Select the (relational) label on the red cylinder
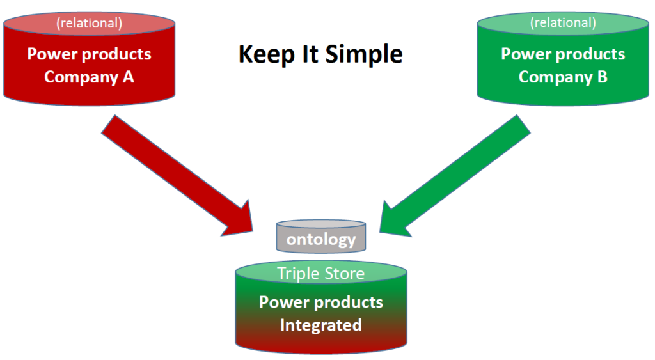click(x=90, y=23)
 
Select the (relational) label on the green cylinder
click(x=563, y=22)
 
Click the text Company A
click(x=89, y=77)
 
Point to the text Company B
click(x=563, y=77)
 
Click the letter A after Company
click(x=128, y=77)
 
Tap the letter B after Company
click(x=602, y=77)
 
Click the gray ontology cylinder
click(x=321, y=236)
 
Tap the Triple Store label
click(x=321, y=274)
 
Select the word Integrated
click(x=321, y=325)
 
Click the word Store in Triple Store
click(x=345, y=274)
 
